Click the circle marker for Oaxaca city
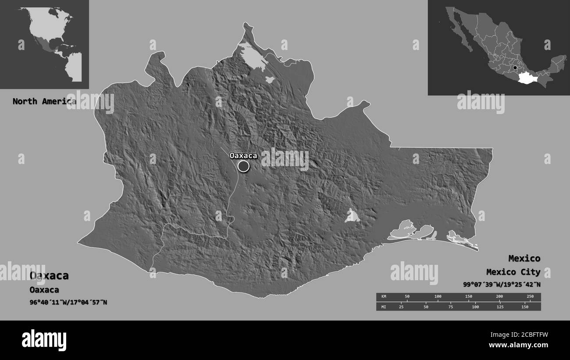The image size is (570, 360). click(244, 166)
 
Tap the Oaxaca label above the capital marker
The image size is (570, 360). click(243, 155)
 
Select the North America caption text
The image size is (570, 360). click(44, 101)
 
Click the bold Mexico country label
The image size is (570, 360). click(524, 258)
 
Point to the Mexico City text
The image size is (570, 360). click(513, 272)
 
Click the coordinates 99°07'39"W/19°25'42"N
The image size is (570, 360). click(502, 284)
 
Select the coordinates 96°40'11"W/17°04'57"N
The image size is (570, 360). click(68, 302)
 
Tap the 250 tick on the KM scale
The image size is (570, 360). click(530, 297)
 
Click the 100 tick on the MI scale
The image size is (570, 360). click(475, 307)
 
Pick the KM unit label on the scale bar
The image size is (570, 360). click(384, 297)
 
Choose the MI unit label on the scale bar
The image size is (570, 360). click(384, 307)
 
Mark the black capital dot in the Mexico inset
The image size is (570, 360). click(515, 68)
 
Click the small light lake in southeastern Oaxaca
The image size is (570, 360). click(352, 216)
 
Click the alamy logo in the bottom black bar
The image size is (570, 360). click(44, 340)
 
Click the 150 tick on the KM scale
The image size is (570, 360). click(468, 297)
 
